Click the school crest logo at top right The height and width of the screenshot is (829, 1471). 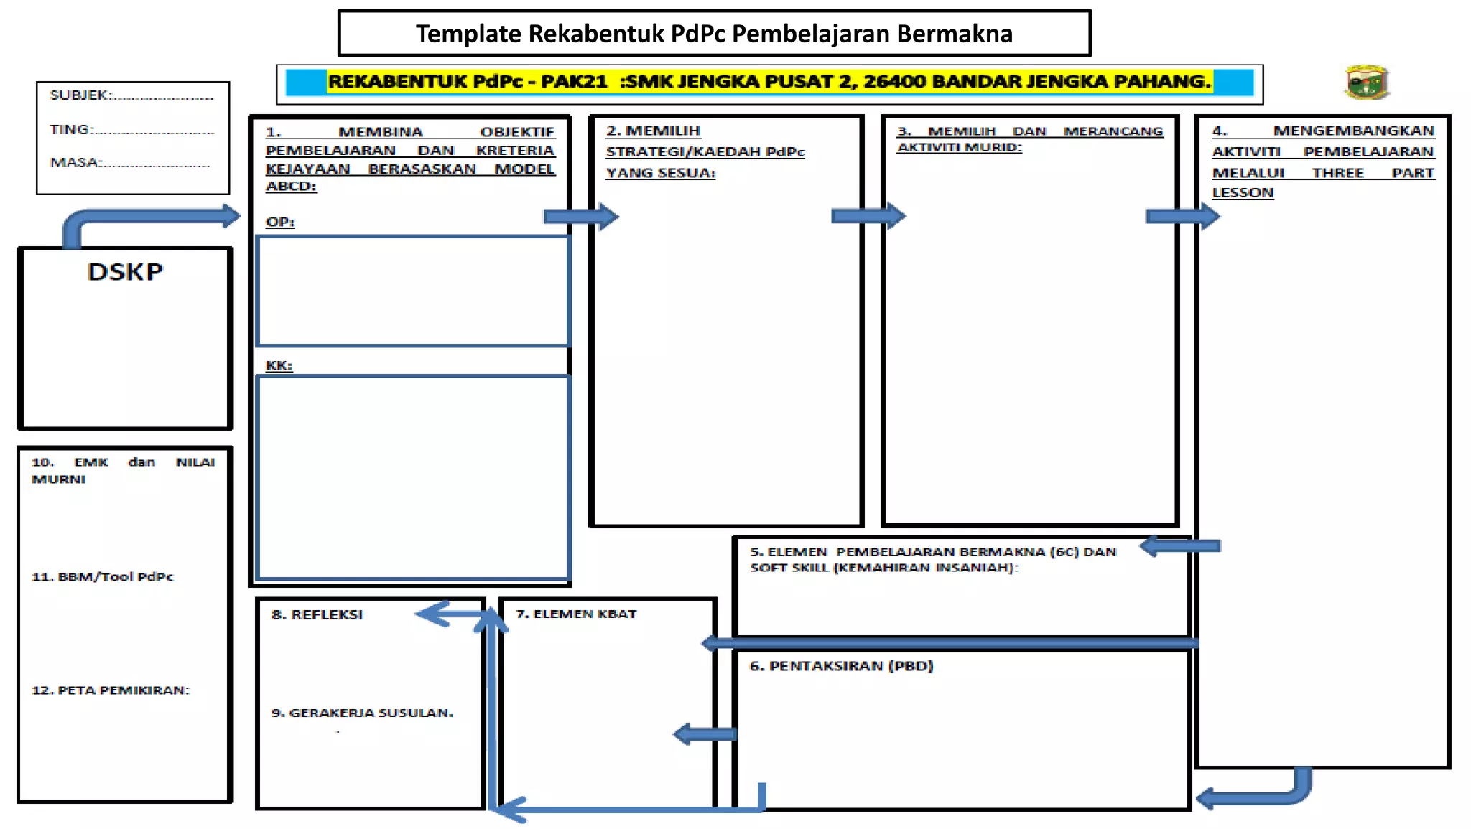[x=1367, y=83]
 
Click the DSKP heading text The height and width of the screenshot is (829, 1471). [x=125, y=272]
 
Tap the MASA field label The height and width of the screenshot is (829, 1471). [x=75, y=163]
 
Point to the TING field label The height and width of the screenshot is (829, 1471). [x=71, y=130]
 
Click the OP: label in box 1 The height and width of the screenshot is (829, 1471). [x=280, y=222]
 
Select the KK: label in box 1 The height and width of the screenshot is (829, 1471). [x=279, y=365]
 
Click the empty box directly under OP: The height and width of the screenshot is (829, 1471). [x=413, y=291]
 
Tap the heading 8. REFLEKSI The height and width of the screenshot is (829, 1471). [x=317, y=615]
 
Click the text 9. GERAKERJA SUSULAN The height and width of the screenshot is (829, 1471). [x=362, y=713]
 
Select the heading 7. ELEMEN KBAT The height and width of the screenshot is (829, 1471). [x=576, y=614]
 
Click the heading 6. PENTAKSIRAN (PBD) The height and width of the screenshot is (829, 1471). [x=841, y=666]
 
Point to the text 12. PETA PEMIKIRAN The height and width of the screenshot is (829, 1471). [x=110, y=690]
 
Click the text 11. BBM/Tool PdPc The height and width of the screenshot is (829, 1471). [x=103, y=577]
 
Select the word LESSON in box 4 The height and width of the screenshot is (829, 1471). [x=1243, y=193]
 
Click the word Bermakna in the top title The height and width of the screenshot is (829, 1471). [x=955, y=34]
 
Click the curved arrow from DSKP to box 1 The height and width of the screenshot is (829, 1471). [x=144, y=217]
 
